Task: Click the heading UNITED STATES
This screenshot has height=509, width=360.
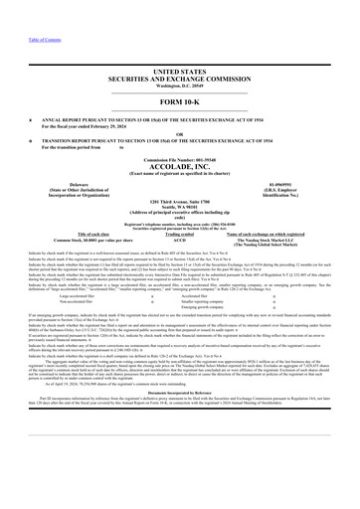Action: tap(180, 45)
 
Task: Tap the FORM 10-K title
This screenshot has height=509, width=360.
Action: tap(180, 74)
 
